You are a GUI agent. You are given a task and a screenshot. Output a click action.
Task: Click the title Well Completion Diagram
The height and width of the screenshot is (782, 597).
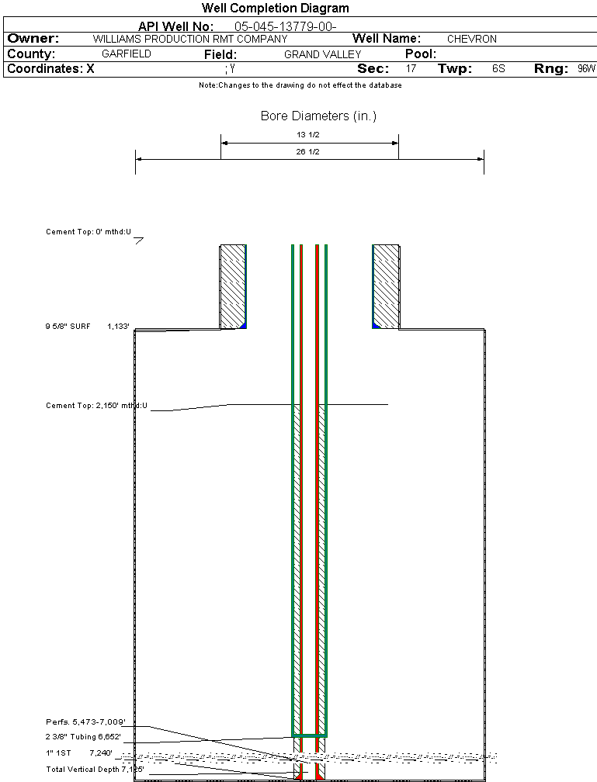[x=275, y=9]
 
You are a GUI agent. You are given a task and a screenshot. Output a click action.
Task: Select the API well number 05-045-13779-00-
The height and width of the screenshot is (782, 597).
[x=285, y=26]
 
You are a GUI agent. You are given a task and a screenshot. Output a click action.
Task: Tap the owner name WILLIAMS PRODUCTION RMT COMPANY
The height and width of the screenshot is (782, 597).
[x=189, y=39]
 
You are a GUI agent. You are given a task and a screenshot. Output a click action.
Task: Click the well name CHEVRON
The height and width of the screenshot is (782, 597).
[x=471, y=39]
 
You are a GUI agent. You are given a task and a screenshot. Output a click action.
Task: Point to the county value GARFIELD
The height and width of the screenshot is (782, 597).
[x=127, y=54]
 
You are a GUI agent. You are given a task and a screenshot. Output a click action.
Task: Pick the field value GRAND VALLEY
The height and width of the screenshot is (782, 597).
[x=322, y=54]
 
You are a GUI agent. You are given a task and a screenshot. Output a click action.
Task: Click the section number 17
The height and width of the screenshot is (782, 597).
[x=411, y=69]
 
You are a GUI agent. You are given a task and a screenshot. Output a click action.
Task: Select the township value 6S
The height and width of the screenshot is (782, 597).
[x=498, y=69]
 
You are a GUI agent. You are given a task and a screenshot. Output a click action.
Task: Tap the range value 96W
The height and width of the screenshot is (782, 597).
[x=586, y=69]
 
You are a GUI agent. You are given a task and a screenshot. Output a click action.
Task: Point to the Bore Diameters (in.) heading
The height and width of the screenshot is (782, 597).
[x=318, y=116]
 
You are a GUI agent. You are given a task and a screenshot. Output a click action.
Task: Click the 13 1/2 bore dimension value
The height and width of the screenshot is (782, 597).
[x=309, y=135]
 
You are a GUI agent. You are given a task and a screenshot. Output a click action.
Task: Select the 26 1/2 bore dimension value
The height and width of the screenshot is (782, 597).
[x=309, y=151]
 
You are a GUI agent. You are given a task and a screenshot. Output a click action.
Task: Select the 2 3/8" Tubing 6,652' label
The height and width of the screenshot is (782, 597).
[x=83, y=737]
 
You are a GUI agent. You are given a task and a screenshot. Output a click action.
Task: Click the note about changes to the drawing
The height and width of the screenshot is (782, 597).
[x=300, y=85]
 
